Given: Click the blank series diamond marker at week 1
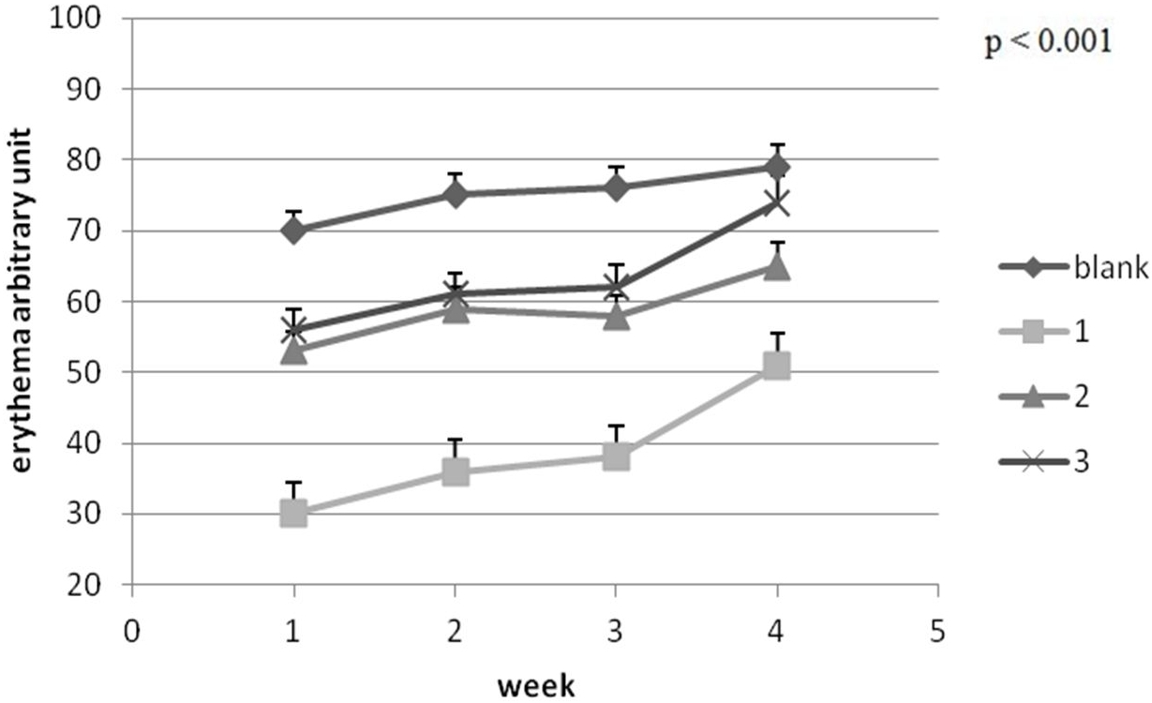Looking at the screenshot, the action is pos(293,231).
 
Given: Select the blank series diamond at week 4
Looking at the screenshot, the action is pos(776,167).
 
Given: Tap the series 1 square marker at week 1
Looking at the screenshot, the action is pos(293,514).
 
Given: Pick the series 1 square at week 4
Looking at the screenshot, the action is pos(776,366).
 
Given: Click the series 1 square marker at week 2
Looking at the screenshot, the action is pos(456,471).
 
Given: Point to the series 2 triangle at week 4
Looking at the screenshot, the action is pos(776,267).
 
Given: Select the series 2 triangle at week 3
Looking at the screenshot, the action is pos(616,316).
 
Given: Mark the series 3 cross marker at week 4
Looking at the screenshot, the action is pos(776,203).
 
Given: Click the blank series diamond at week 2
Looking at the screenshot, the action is pos(456,194).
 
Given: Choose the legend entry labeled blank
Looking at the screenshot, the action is pos(1074,267).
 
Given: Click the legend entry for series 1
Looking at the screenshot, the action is pos(1045,332).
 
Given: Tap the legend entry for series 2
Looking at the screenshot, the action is pos(1045,396).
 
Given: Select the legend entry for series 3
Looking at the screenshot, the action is pos(1045,462).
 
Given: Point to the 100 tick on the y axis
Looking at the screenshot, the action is pos(75,19).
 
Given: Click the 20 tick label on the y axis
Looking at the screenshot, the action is pos(83,585).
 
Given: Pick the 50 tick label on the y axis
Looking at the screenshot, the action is pos(83,372).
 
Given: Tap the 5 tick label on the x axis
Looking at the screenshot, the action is pos(937,631).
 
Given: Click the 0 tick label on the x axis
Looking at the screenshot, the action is pos(131,631).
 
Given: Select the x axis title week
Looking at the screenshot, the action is pos(536,686).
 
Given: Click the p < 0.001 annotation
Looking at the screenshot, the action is pos(1048,42).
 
